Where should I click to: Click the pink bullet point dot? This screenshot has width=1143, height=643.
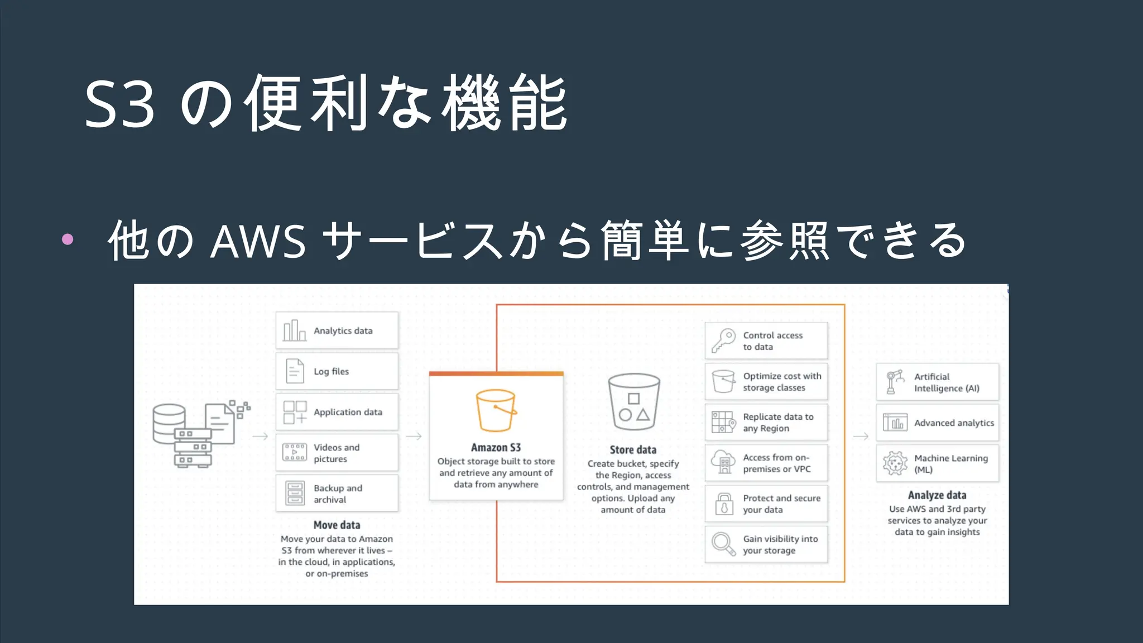pyautogui.click(x=68, y=239)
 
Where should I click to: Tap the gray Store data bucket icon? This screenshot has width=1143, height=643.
pyautogui.click(x=633, y=401)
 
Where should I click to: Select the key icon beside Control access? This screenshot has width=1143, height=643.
pyautogui.click(x=723, y=340)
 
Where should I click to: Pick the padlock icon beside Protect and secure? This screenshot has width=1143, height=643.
pyautogui.click(x=724, y=503)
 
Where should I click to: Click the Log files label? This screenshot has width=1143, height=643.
pyautogui.click(x=331, y=372)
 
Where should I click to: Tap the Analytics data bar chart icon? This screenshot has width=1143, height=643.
pyautogui.click(x=295, y=330)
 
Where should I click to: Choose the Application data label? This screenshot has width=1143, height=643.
pyautogui.click(x=348, y=412)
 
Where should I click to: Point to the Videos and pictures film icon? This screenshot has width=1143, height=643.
pyautogui.click(x=295, y=452)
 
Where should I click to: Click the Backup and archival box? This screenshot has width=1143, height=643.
pyautogui.click(x=337, y=493)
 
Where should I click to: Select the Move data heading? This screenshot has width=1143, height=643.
pyautogui.click(x=337, y=525)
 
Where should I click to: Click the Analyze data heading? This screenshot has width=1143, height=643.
pyautogui.click(x=937, y=495)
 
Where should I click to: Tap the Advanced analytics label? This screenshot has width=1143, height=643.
pyautogui.click(x=954, y=423)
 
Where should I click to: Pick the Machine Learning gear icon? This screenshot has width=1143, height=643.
pyautogui.click(x=895, y=463)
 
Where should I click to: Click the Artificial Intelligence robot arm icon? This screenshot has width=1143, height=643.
pyautogui.click(x=895, y=382)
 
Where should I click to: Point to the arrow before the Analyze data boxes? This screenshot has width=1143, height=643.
pyautogui.click(x=861, y=436)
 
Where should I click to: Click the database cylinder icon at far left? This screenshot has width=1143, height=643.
pyautogui.click(x=169, y=423)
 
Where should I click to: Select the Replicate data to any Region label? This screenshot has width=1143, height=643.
pyautogui.click(x=778, y=423)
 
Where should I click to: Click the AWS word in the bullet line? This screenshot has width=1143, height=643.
pyautogui.click(x=258, y=241)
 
